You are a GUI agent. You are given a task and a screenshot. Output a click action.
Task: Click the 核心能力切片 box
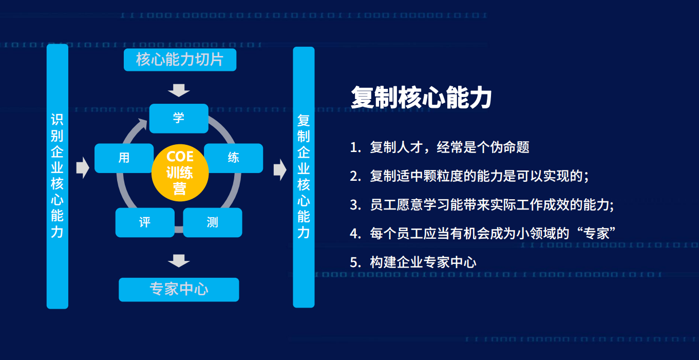click(x=180, y=60)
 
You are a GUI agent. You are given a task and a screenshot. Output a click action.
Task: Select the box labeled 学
click(x=179, y=119)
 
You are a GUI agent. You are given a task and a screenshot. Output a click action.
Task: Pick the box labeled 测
click(x=213, y=222)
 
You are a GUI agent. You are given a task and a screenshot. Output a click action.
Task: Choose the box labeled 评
click(x=145, y=222)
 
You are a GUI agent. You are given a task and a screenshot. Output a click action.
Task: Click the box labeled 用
click(x=123, y=158)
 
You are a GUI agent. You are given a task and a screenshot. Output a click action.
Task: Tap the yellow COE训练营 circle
click(x=180, y=173)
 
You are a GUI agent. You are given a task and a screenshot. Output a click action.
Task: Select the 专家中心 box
click(x=179, y=290)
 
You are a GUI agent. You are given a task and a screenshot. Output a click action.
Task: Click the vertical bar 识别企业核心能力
click(x=58, y=176)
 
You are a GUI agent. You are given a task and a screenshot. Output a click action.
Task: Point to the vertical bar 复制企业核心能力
click(x=304, y=177)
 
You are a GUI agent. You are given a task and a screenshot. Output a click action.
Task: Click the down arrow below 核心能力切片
click(x=179, y=90)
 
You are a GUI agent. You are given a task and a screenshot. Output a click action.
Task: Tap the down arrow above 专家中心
click(x=179, y=261)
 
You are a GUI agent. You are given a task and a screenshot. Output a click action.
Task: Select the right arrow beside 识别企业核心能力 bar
click(x=83, y=168)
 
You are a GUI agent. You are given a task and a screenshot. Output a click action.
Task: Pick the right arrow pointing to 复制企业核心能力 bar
click(x=280, y=169)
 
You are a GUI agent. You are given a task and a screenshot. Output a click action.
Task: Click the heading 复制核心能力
click(x=421, y=98)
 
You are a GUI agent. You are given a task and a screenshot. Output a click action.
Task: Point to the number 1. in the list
click(x=355, y=147)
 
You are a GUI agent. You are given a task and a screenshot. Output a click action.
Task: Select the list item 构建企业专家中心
click(x=423, y=262)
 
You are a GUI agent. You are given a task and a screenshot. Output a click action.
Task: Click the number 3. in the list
click(x=355, y=205)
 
